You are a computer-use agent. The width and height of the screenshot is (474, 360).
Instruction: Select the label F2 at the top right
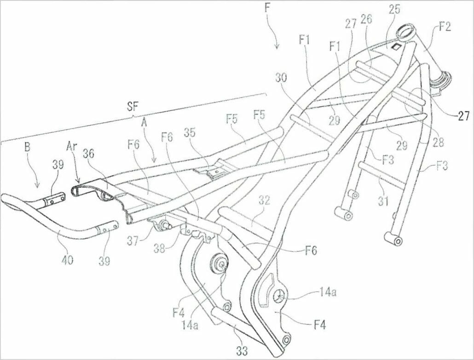tap(444, 27)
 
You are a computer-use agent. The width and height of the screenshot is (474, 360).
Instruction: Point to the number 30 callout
tap(282, 79)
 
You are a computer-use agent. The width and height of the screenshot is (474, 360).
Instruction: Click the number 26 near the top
tap(366, 19)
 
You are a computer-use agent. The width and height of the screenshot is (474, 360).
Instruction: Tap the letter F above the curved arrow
tap(267, 8)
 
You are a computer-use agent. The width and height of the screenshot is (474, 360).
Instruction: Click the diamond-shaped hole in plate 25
tap(396, 46)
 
